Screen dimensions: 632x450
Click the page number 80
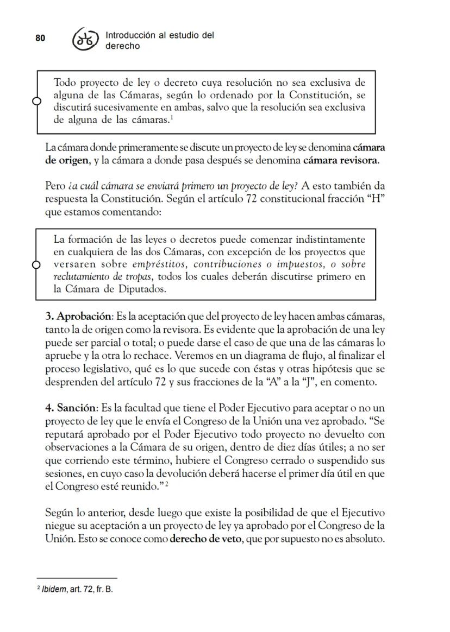40,37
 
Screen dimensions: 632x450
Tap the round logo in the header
86,40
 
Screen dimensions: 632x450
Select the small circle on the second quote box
36,264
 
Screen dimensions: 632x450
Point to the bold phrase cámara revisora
340,161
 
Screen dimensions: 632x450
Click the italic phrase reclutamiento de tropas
103,277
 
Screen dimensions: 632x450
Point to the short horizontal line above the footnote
77,579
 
